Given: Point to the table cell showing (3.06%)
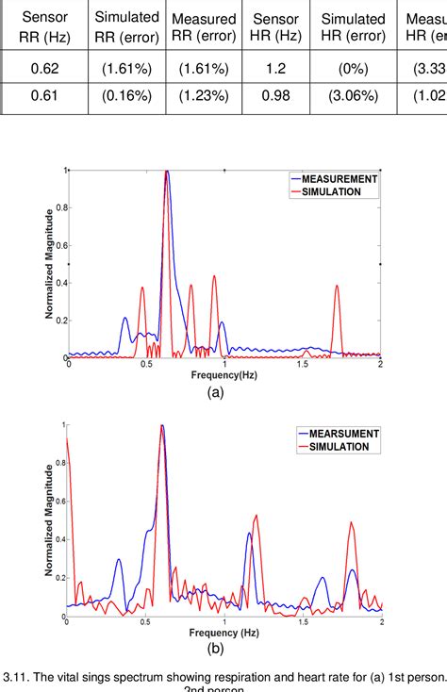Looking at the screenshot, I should [x=354, y=97].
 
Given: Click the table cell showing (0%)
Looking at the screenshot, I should [x=354, y=70].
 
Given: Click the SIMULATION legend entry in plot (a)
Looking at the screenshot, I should [x=335, y=191].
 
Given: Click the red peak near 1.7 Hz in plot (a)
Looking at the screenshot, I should [x=337, y=287].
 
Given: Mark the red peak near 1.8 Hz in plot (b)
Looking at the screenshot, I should [x=351, y=524].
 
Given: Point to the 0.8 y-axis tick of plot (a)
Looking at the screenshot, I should [x=59, y=207].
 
